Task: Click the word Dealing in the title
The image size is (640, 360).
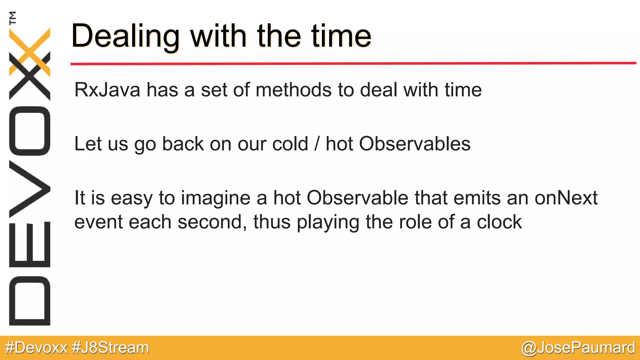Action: (x=125, y=37)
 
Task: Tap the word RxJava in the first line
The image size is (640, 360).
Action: (x=107, y=90)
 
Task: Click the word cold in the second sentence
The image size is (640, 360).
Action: (x=290, y=144)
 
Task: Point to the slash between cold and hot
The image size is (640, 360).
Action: (x=317, y=144)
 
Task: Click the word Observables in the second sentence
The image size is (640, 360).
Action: (x=415, y=144)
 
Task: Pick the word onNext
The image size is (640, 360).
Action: (x=566, y=198)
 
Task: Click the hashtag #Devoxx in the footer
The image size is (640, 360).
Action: (x=37, y=348)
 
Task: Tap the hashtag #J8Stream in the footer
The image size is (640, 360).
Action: (x=110, y=348)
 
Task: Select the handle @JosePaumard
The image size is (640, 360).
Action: (x=578, y=348)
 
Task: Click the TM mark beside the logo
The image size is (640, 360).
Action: (x=12, y=18)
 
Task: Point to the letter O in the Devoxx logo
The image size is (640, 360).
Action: (x=30, y=131)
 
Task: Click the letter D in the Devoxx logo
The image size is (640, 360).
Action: (x=30, y=301)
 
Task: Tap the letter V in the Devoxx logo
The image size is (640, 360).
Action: (x=30, y=189)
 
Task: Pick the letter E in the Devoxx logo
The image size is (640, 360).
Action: (x=30, y=244)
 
